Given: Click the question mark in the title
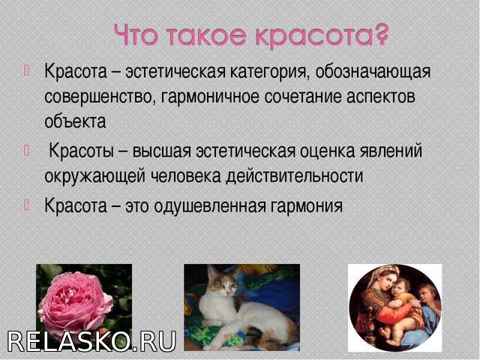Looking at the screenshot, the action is click(380, 35).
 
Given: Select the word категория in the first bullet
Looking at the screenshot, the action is click(268, 72).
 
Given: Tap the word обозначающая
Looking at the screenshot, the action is click(373, 72).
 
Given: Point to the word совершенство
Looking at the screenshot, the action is click(98, 97).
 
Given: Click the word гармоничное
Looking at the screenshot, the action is click(209, 97).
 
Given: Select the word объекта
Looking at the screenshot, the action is click(75, 121).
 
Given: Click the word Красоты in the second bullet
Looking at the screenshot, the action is click(82, 151).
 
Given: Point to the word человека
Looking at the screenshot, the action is click(187, 176).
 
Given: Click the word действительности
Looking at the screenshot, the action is click(294, 176).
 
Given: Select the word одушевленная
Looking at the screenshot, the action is click(210, 205).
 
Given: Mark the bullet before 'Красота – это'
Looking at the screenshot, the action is click(26, 205).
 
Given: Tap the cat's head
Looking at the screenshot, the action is click(222, 283).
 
